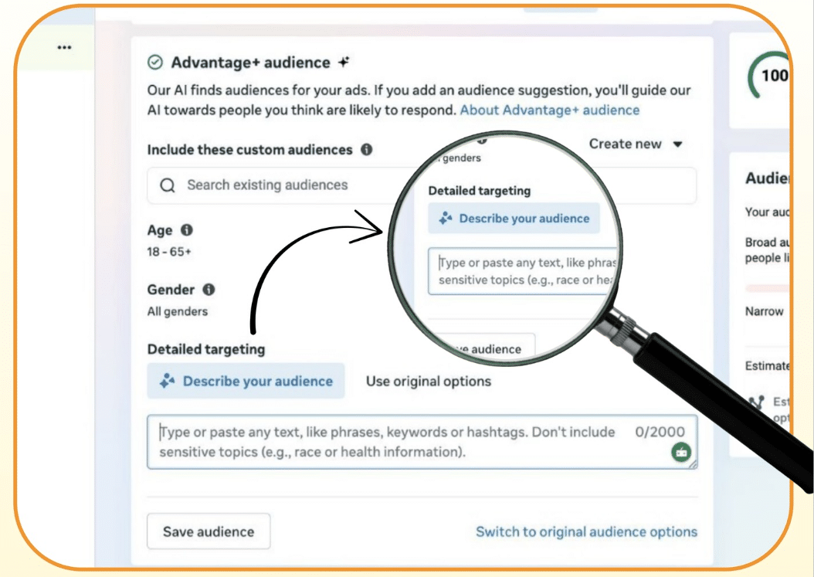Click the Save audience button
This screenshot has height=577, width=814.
(209, 531)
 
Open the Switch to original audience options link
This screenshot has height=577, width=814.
(586, 531)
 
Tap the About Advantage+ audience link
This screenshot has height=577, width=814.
(550, 110)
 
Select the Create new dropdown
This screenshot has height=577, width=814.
(636, 144)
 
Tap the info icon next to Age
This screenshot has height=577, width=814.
(187, 230)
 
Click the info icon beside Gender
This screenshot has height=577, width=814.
(208, 290)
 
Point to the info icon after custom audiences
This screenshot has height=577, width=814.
(366, 150)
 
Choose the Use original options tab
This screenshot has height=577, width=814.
(429, 381)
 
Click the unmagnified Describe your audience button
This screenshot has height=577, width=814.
(246, 381)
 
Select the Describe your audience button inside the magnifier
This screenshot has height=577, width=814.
(514, 219)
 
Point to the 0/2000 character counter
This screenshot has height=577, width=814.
(660, 432)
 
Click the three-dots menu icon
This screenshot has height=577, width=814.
(64, 47)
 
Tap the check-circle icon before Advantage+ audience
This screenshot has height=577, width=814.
(155, 63)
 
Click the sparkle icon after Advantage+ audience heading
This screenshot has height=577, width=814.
(344, 63)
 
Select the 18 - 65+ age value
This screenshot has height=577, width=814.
(169, 252)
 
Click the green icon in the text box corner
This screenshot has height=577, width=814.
(680, 453)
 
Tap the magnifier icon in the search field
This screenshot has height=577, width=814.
(168, 185)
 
